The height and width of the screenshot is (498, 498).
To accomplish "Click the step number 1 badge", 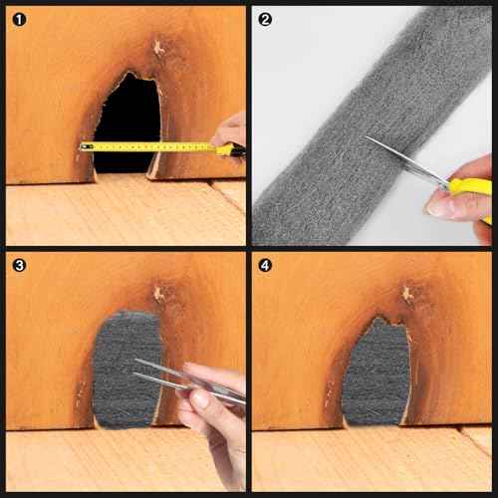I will click(18, 19).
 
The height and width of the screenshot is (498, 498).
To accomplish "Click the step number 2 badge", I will click(265, 19).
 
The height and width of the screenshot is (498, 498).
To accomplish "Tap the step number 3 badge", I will click(18, 266).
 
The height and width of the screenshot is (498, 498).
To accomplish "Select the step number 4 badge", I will click(265, 266).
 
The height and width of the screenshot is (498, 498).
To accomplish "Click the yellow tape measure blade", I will click(149, 146).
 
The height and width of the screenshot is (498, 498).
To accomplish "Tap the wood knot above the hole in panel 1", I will click(157, 47).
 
